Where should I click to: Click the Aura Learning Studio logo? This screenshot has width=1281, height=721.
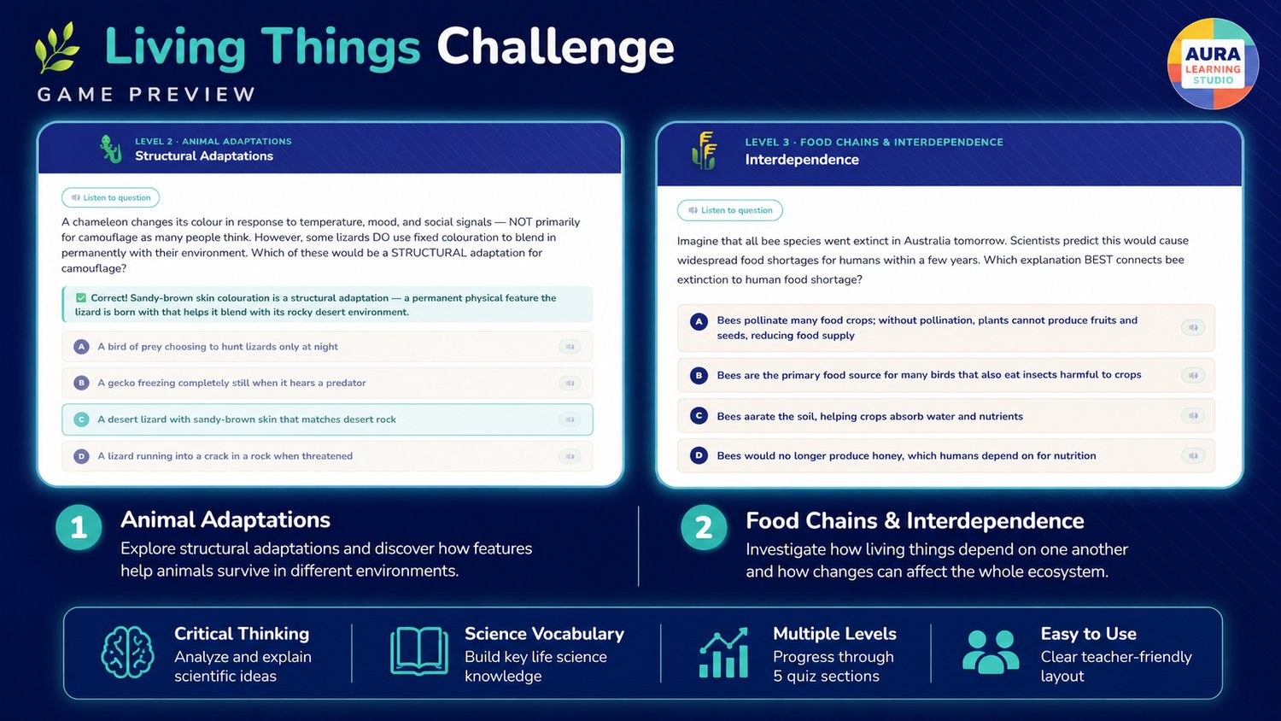click(1213, 63)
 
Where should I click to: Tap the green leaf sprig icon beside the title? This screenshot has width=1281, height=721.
click(57, 48)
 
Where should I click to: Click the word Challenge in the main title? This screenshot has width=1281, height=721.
click(555, 50)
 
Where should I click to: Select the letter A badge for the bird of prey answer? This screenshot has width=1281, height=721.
click(81, 347)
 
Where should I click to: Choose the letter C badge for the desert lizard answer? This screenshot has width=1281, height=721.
click(81, 419)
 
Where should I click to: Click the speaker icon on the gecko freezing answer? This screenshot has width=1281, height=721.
click(570, 383)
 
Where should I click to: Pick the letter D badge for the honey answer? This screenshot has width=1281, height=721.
click(699, 455)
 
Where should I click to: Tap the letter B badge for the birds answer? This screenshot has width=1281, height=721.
click(699, 375)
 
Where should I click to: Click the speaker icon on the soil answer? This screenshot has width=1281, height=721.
click(1193, 416)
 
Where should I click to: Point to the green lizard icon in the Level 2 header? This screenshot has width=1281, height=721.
click(111, 149)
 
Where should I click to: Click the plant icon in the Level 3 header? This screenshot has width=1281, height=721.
click(704, 150)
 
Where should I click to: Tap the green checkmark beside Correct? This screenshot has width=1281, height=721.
click(80, 297)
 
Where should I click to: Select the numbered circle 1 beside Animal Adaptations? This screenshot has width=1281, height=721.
click(79, 528)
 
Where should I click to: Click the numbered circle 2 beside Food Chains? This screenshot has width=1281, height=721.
click(704, 528)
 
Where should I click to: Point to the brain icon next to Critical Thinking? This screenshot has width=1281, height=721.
click(127, 653)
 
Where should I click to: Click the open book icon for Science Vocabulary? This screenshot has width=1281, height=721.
click(419, 651)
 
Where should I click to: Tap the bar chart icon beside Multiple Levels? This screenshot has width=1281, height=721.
click(723, 653)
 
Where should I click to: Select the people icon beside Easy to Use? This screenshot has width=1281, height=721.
click(991, 652)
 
